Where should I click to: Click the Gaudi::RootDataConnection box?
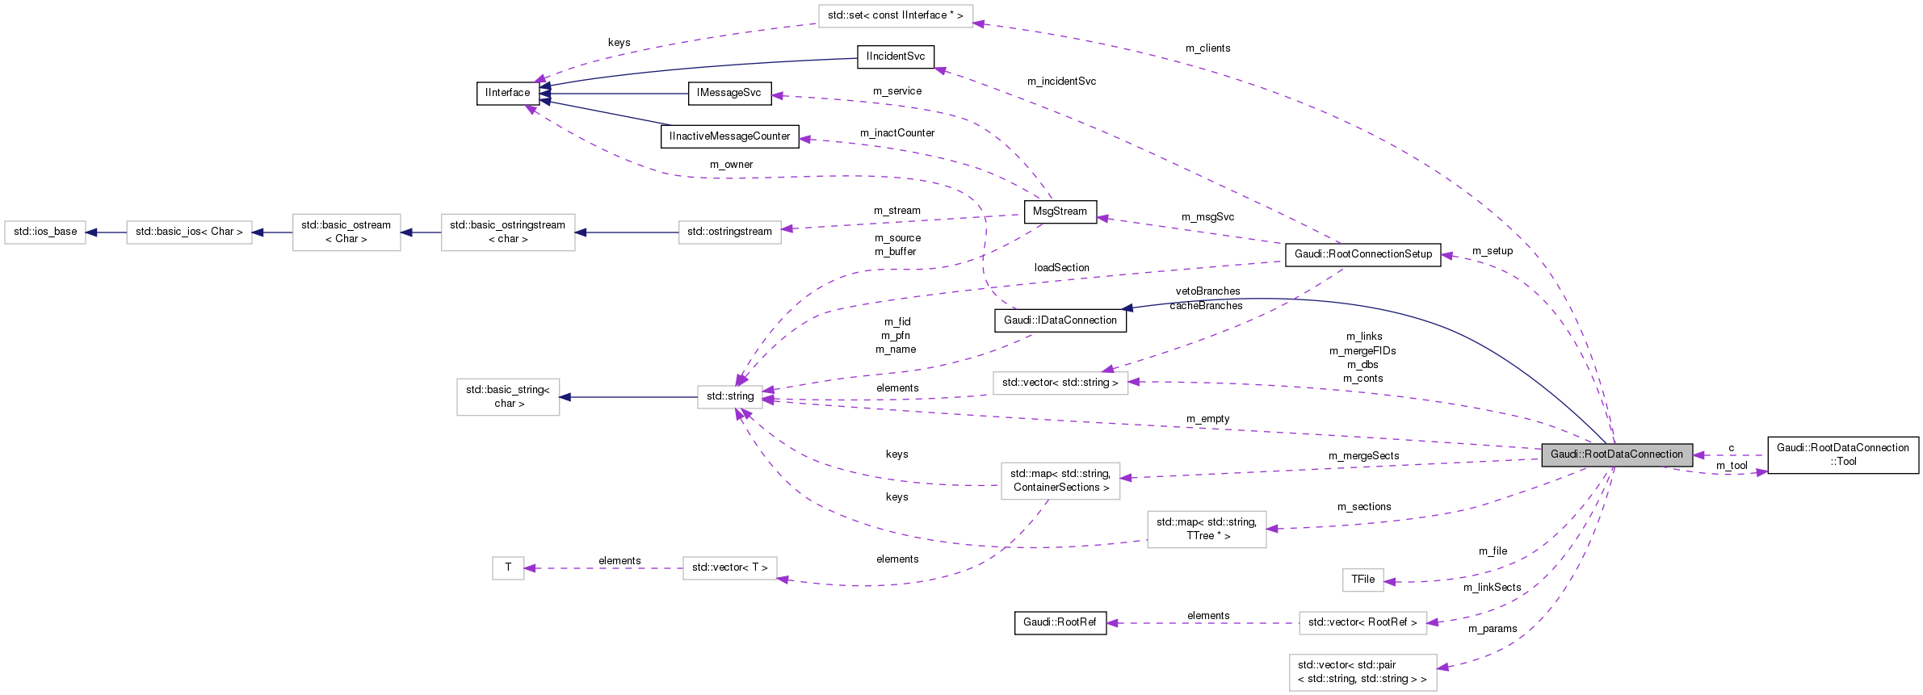(1616, 454)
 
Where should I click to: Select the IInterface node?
(507, 93)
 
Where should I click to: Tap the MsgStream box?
(1060, 211)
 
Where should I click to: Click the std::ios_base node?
(45, 232)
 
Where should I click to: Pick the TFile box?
(1362, 580)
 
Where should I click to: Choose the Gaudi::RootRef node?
(1060, 622)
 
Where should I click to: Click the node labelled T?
(508, 567)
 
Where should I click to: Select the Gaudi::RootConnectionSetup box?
(1362, 254)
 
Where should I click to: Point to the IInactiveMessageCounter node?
(729, 136)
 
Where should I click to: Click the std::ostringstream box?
(729, 232)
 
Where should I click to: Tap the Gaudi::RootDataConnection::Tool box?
(1842, 454)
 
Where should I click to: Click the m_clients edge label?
(1207, 48)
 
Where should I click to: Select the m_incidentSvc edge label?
(1061, 82)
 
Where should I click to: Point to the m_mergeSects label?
(1363, 456)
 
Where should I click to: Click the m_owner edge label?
(731, 165)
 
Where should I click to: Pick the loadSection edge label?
(1061, 268)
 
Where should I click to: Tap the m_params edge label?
(1492, 629)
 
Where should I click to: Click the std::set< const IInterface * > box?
(895, 15)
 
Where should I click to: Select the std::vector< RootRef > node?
(1362, 622)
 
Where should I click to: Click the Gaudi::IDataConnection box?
(1060, 320)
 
